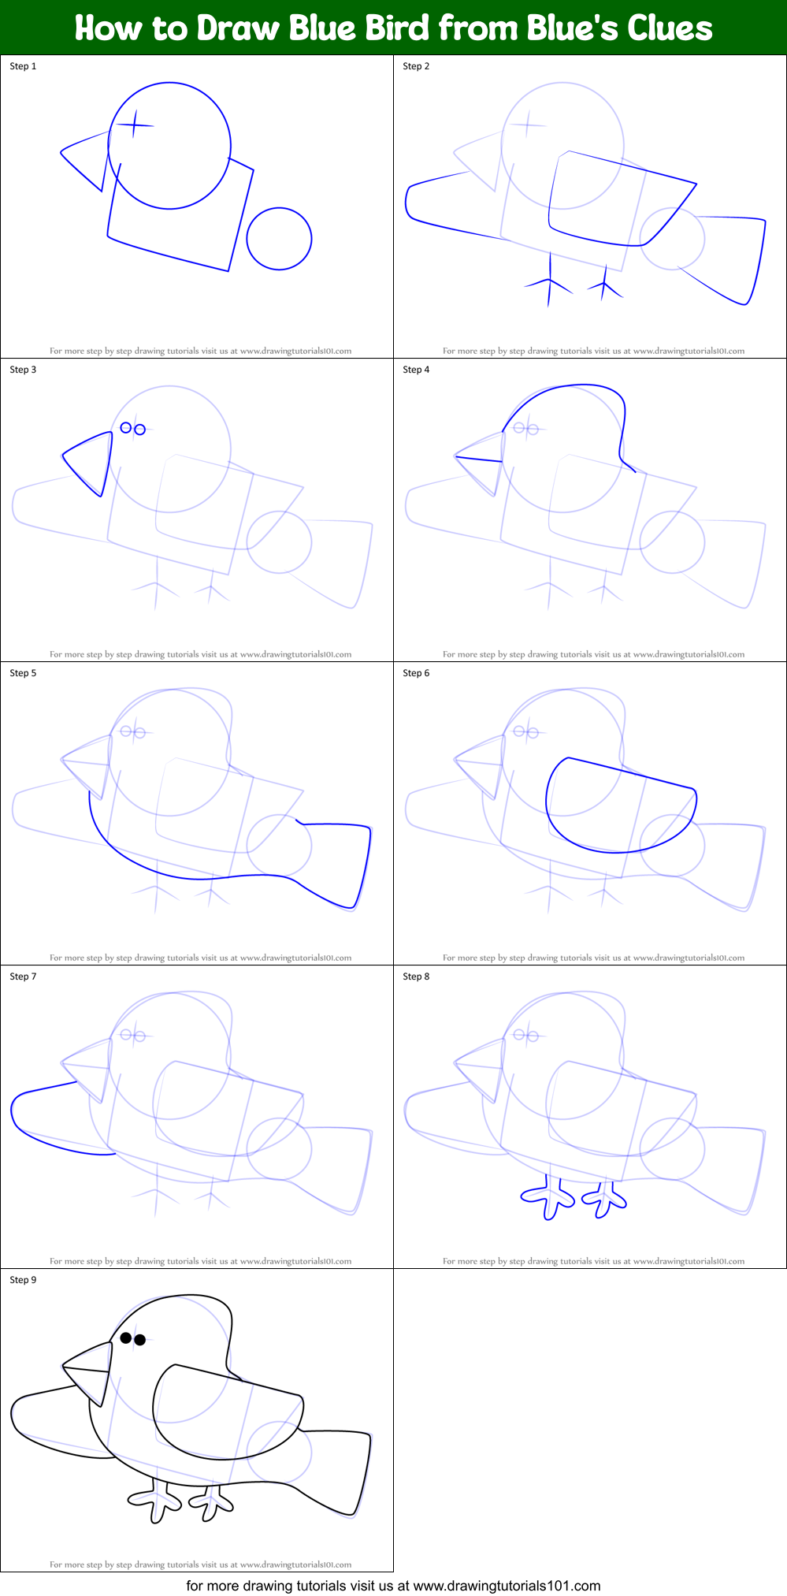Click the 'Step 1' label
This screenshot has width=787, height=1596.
23,66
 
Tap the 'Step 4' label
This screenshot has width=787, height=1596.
416,370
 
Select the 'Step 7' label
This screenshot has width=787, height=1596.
23,977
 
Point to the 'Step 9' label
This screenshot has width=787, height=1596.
23,1280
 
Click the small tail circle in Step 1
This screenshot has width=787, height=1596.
279,239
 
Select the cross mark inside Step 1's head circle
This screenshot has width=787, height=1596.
135,125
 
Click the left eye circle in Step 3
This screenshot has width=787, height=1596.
126,428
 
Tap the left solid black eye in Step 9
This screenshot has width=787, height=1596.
126,1337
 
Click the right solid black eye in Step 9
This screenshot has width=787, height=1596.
139,1340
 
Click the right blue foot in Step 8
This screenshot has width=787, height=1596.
604,1199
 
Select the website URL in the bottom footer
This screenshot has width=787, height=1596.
507,1586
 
